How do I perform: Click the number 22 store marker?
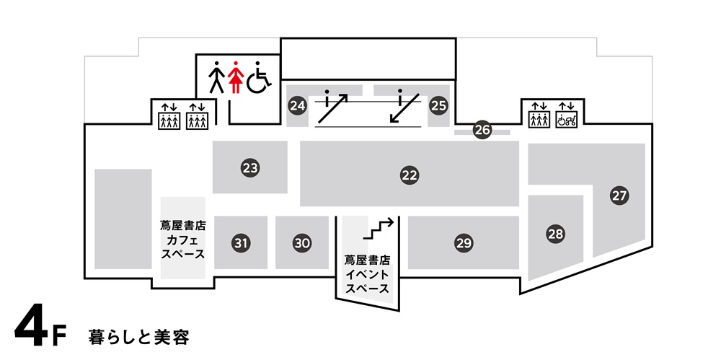pos(410,175)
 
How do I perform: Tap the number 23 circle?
pos(250,169)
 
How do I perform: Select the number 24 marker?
pos(296,106)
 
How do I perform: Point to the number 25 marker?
pos(438,106)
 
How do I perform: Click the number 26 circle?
pos(482,131)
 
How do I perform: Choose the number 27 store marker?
pos(619,195)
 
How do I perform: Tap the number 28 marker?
pos(555,234)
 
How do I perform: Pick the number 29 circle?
pos(464,243)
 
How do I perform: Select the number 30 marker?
pos(302,243)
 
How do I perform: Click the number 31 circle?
pos(241,243)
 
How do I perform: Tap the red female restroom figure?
pos(234,78)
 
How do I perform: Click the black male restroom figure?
pos(216,78)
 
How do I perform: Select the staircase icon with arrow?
pos(380,229)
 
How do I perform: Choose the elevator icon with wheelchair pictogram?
pos(567,117)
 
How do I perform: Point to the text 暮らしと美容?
pos(138,336)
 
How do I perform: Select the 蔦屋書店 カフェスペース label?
pos(182,240)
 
